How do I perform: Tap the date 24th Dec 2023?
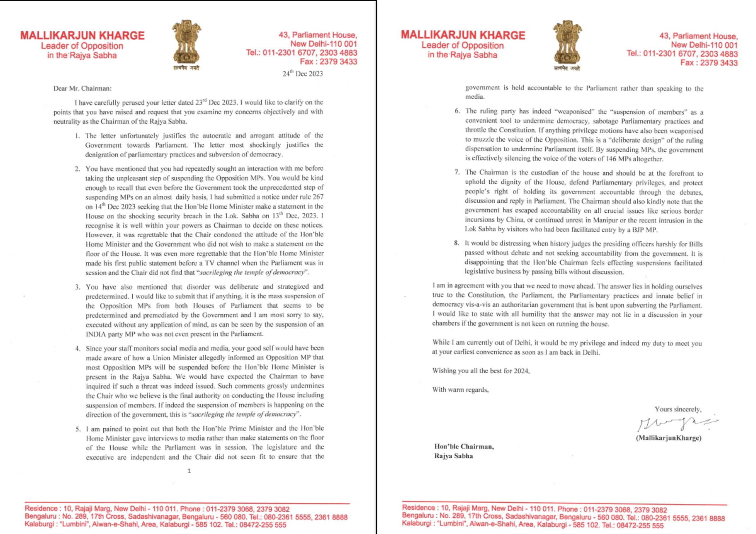(x=303, y=74)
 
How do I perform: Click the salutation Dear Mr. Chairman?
(x=82, y=88)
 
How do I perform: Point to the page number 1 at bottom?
(x=189, y=471)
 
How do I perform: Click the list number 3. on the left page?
(x=78, y=287)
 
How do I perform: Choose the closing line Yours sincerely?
(x=678, y=410)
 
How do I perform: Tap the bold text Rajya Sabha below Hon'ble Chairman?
(x=453, y=456)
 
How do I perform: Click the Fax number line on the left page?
(x=328, y=61)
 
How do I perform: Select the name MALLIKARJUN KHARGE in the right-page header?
(x=463, y=35)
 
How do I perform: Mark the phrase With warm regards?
(x=460, y=390)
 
